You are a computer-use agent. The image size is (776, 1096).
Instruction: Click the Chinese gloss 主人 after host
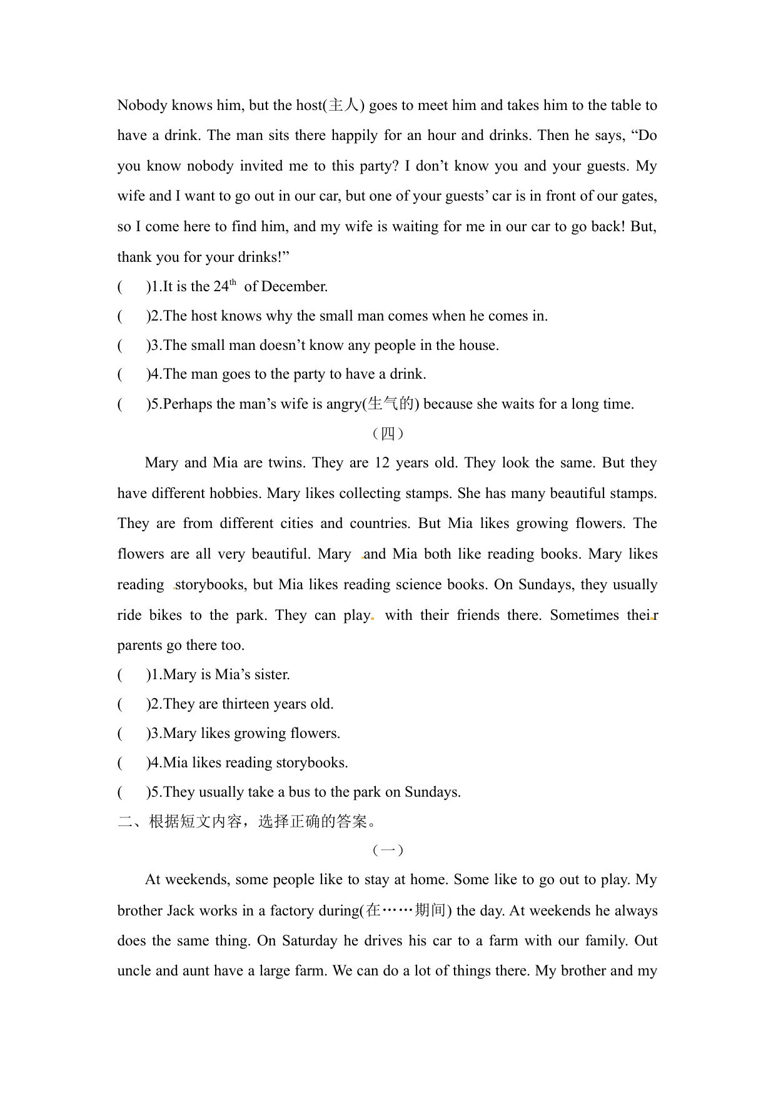(x=343, y=105)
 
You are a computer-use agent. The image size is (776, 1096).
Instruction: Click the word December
(x=294, y=286)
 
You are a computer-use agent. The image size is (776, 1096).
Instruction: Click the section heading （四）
(x=388, y=433)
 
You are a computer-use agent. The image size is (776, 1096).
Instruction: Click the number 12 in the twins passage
(x=381, y=462)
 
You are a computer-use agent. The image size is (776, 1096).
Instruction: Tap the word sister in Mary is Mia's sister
(x=272, y=674)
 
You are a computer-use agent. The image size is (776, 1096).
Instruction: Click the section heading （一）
(x=388, y=850)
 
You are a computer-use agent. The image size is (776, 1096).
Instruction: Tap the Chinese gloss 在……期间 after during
(x=405, y=910)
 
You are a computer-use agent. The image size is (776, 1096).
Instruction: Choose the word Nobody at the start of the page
(x=142, y=105)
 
